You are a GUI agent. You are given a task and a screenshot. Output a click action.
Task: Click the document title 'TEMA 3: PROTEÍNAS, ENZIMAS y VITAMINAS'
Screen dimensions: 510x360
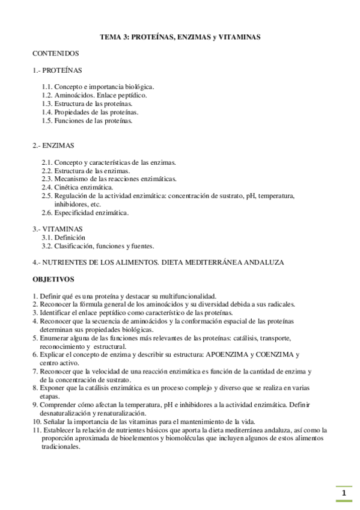[x=180, y=37]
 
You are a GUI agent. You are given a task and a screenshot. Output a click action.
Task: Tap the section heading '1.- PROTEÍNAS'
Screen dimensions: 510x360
[x=58, y=70]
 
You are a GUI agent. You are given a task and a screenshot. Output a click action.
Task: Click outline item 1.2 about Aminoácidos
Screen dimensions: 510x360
[x=94, y=95]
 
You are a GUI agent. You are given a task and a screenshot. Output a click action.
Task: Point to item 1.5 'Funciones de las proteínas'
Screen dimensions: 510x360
[x=87, y=120]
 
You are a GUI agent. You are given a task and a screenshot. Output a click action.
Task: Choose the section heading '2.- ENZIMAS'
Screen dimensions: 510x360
[x=53, y=146]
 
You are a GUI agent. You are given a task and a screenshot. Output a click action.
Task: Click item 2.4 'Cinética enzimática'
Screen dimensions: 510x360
[x=77, y=187]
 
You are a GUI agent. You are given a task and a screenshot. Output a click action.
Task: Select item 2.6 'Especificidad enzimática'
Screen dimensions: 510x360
[x=85, y=212]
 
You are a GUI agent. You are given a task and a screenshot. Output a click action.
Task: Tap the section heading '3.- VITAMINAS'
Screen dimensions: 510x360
[x=58, y=229]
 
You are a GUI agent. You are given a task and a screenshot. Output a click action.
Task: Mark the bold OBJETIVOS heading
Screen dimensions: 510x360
[x=53, y=279]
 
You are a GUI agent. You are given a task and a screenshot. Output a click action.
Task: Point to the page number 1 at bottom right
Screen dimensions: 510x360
[x=344, y=494]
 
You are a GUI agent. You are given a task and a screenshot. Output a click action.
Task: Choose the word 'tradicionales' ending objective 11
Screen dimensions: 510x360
[x=61, y=447]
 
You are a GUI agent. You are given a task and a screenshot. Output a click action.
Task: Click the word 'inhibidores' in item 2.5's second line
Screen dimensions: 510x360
[x=70, y=204]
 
